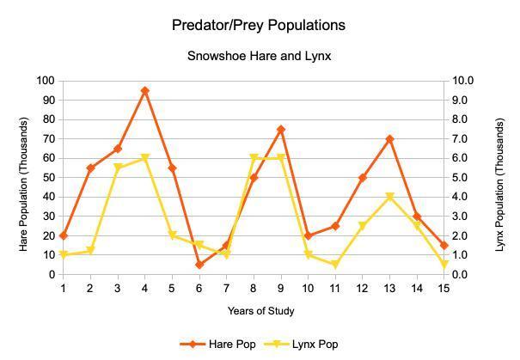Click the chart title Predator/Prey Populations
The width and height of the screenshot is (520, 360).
tap(259, 25)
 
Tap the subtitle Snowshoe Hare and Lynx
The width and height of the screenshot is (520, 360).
tap(260, 57)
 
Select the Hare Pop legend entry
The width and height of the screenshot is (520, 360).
tap(223, 344)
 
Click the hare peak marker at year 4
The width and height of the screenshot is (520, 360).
tap(145, 90)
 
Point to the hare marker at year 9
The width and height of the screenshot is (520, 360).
tap(281, 129)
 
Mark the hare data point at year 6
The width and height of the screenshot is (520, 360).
tap(199, 265)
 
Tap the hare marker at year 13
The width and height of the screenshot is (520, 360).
tap(390, 139)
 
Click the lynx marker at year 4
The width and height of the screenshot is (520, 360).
tap(145, 158)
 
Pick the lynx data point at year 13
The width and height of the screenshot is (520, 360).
tap(390, 197)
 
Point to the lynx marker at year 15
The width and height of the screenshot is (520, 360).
tap(444, 265)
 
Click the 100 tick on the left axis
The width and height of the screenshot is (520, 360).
tap(44, 81)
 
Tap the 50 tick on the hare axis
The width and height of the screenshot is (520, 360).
tap(46, 178)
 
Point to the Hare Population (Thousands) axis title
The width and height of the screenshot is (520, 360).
tap(23, 178)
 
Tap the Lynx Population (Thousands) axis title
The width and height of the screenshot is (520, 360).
tap(501, 178)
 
